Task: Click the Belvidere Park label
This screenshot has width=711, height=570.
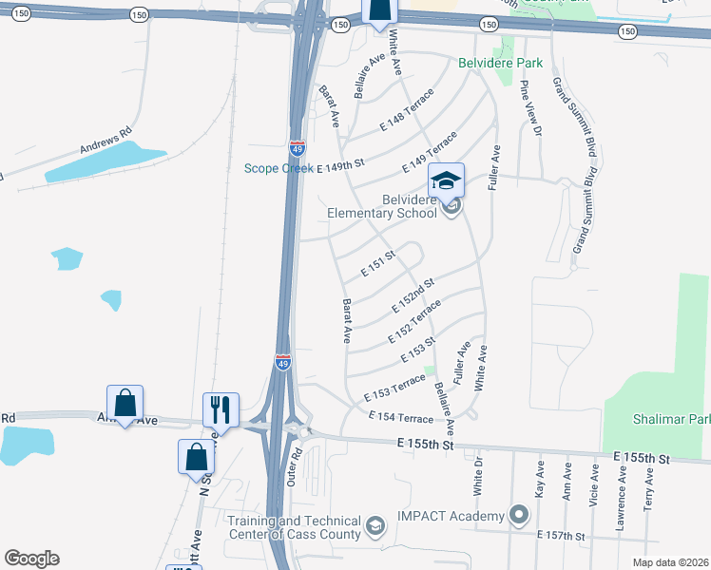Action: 500,64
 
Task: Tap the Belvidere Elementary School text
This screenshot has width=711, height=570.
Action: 381,206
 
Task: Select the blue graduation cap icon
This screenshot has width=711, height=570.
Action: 446,179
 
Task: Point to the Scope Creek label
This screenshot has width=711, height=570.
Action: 279,168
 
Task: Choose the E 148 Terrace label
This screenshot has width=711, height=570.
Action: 406,109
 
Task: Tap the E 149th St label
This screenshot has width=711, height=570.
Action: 340,165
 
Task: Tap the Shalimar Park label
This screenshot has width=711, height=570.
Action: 671,419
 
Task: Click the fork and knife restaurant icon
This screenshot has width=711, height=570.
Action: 221,409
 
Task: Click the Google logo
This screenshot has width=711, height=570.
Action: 31,559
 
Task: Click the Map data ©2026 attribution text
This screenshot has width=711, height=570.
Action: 670,562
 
